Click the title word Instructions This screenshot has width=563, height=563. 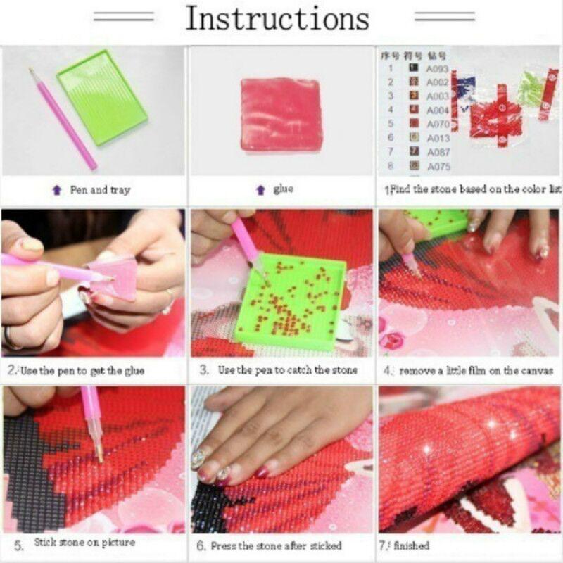click(277, 19)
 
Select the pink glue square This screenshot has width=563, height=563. click(281, 114)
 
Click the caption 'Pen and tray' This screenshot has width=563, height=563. click(99, 190)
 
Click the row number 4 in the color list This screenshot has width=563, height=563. click(391, 110)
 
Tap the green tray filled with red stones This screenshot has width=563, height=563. click(291, 303)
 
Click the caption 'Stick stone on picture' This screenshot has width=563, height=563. click(84, 543)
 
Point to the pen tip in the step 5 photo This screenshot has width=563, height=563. click(99, 457)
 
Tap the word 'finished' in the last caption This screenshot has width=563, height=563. click(414, 545)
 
